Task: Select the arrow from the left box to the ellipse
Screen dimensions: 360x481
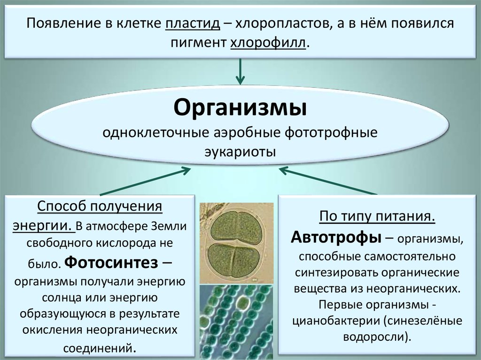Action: tap(146, 181)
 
